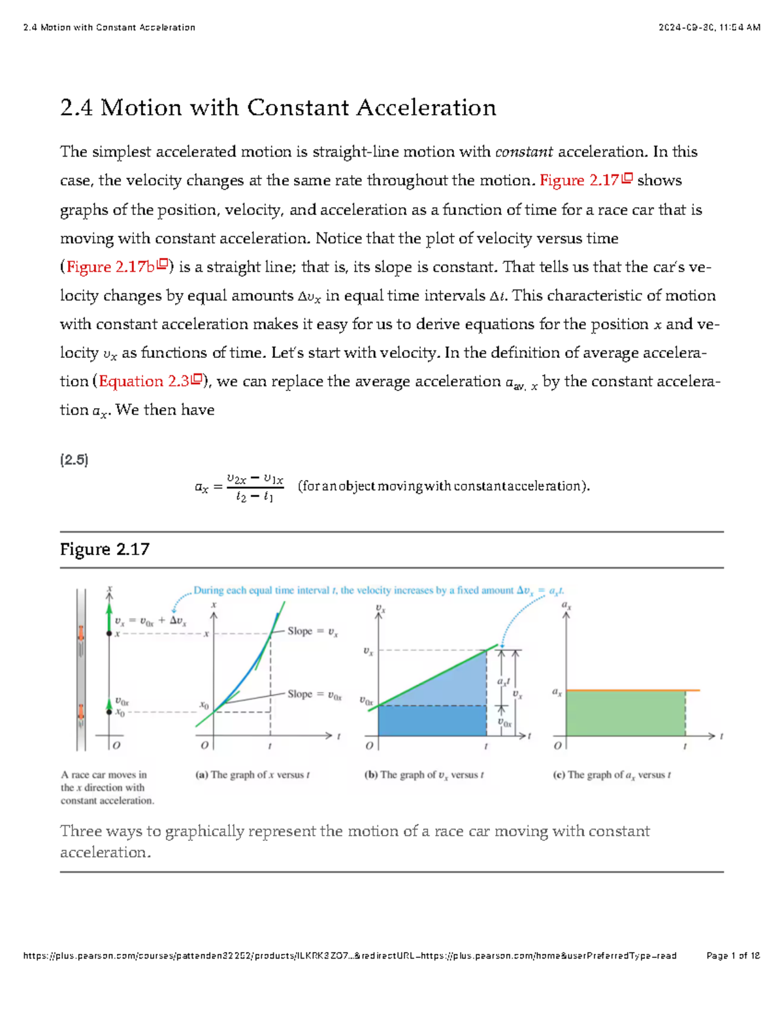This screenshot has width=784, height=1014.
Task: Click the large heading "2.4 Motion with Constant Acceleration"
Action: [x=278, y=108]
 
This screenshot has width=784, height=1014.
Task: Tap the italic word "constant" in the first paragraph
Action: [x=524, y=152]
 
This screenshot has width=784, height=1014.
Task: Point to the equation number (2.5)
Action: [x=74, y=460]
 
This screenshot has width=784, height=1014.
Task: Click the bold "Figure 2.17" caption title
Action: [x=105, y=549]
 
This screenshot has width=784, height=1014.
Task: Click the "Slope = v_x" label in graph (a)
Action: [x=312, y=631]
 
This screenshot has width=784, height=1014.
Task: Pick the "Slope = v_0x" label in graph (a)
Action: [x=314, y=694]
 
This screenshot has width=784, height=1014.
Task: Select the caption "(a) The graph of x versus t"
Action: [x=252, y=775]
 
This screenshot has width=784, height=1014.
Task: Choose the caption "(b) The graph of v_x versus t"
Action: [x=424, y=775]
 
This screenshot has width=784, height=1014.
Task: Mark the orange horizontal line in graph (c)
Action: [x=632, y=690]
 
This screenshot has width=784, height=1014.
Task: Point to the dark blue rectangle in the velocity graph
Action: [x=432, y=721]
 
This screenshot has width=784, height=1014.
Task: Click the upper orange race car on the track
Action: [x=81, y=634]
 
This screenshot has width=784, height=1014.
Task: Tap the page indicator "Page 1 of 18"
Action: [x=733, y=956]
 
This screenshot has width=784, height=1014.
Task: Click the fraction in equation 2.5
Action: [x=255, y=487]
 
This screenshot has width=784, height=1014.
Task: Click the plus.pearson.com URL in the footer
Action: [x=350, y=956]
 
